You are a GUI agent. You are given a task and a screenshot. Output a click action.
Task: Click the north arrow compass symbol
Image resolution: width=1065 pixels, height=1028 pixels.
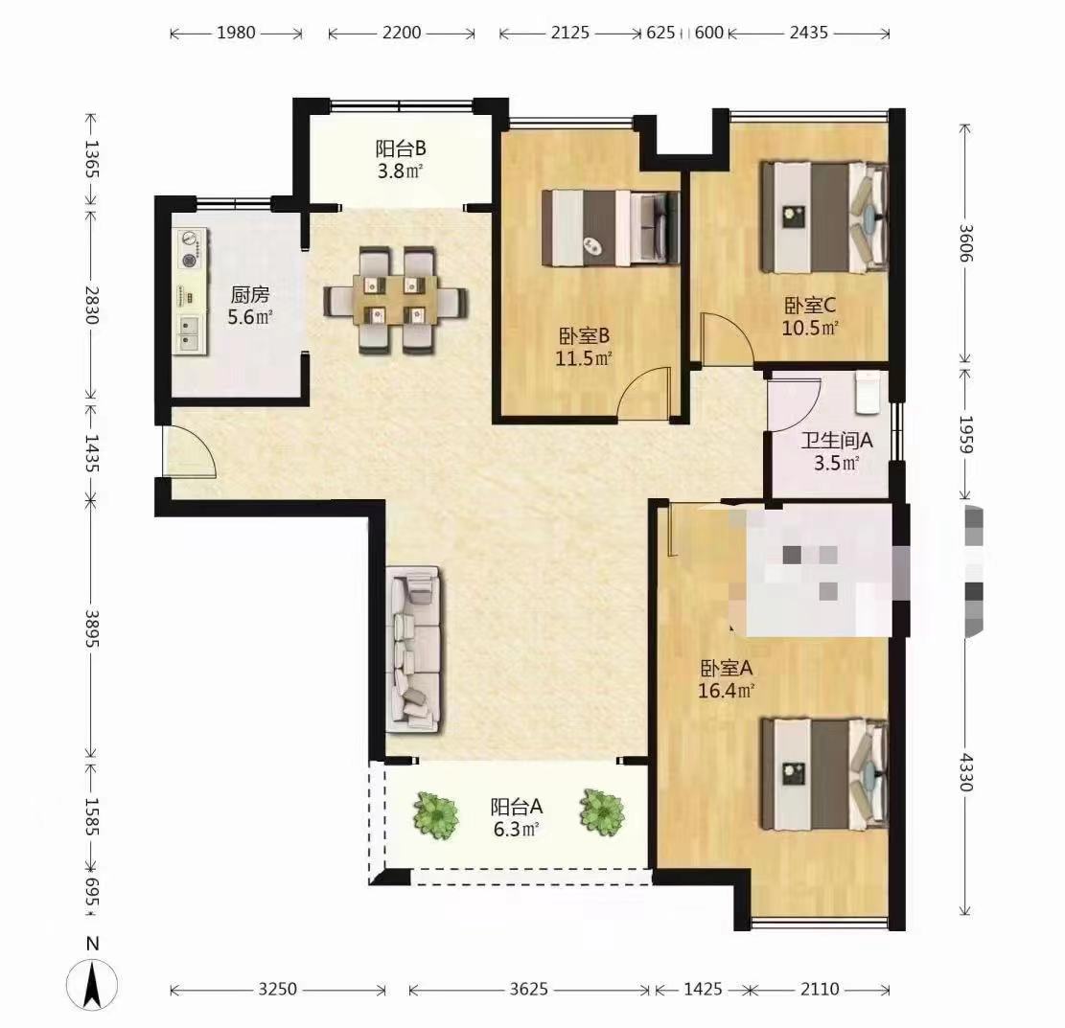pos(92,983)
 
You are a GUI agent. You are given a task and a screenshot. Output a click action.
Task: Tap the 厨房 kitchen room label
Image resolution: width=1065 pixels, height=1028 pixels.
pos(249,295)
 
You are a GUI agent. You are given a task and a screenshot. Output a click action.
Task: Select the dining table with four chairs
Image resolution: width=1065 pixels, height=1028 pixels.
pos(395,300)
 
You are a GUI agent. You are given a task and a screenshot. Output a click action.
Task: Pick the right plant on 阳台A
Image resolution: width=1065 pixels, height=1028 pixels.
pos(602,811)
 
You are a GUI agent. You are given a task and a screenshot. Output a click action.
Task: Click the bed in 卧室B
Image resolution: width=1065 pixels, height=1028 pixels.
pos(611,227)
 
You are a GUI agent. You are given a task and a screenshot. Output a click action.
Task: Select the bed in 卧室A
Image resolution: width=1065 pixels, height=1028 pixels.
pos(823,774)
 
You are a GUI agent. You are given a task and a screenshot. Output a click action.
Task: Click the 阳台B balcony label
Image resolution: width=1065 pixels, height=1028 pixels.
pos(400,148)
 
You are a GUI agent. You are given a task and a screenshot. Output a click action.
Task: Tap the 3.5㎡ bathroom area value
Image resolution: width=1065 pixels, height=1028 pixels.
pos(837,463)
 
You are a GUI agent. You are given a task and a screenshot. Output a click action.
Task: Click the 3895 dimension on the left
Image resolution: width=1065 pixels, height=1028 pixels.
pos(92,628)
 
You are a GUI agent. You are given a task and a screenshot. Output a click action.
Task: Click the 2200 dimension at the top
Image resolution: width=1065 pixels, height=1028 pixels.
pos(401,33)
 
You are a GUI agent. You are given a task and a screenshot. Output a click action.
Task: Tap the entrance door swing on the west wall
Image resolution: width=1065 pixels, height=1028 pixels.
pos(190,449)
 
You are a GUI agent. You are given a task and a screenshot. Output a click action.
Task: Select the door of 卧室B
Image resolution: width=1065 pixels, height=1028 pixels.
pos(643,395)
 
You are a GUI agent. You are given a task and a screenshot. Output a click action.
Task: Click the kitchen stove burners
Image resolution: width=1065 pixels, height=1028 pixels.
pos(191,249)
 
